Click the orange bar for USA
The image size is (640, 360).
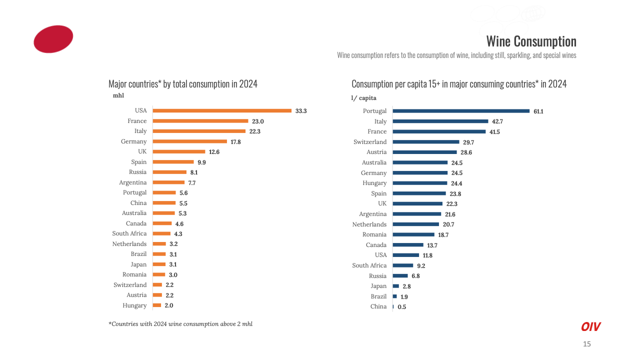click(x=222, y=110)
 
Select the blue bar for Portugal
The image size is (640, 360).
click(x=461, y=111)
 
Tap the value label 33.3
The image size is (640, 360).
click(x=301, y=111)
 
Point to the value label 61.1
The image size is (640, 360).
click(x=538, y=111)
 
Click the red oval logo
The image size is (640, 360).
click(x=53, y=39)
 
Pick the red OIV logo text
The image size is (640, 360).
click(x=590, y=327)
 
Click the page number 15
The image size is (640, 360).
click(x=587, y=344)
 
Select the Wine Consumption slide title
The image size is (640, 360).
click(x=531, y=41)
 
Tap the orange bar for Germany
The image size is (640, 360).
click(x=190, y=141)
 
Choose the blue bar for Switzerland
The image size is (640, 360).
click(x=426, y=142)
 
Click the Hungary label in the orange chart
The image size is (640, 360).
click(x=134, y=305)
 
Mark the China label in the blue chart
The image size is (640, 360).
click(x=378, y=306)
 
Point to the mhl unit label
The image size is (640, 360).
click(x=118, y=95)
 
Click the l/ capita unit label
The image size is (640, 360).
click(x=363, y=98)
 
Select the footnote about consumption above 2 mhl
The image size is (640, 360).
click(x=180, y=324)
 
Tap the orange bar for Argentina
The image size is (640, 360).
click(x=168, y=182)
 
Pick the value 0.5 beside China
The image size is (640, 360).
click(x=402, y=307)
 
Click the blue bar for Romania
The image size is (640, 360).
click(x=413, y=234)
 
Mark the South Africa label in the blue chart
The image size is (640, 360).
click(x=369, y=265)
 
